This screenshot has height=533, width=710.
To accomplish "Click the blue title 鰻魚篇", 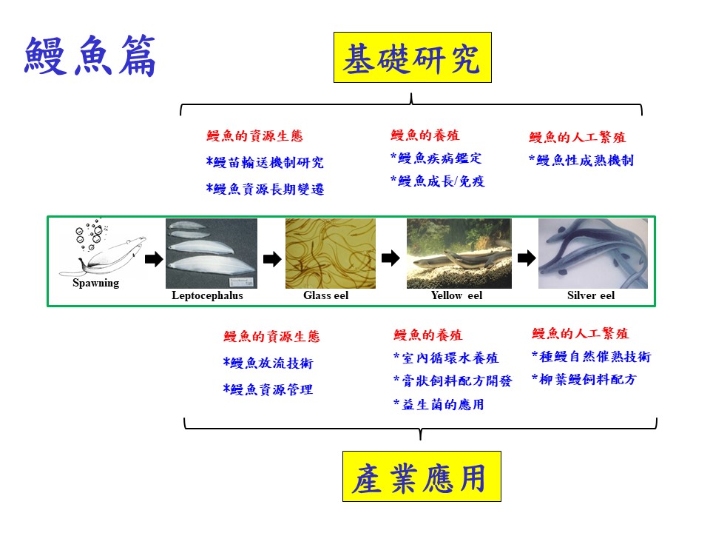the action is coord(90,56).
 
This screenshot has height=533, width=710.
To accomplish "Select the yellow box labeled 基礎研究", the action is coord(413,58).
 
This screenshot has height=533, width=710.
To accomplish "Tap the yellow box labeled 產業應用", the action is coord(422,476).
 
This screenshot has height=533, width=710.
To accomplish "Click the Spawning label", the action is coord(96,283).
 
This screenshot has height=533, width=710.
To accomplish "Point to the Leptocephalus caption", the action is coord(207,295).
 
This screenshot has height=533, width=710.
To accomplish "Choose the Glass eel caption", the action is coord(326,295).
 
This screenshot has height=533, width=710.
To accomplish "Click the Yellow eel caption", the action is coord(457,295).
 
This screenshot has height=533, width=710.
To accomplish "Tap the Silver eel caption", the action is coord(591,295).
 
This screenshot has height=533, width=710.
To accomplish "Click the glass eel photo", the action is coord(331,253).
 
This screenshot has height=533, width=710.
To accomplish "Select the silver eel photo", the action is coord(593,253).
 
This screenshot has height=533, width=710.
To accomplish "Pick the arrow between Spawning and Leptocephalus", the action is coord(154,259).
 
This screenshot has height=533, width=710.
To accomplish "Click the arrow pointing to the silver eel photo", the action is coord(527,258).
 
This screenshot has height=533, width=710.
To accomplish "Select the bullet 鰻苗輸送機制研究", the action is coord(265,162).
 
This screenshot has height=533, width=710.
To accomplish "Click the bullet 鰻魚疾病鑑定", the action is coord(436,158).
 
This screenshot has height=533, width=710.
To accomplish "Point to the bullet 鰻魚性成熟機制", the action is coord(581,160).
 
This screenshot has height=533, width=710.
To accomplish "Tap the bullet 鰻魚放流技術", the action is coord(268,363).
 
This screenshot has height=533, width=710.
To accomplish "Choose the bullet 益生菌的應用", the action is coord(439,404).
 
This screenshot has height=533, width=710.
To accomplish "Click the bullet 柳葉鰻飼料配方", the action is coord(584,379).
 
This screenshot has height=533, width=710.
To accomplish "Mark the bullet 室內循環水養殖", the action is coord(446,358).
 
